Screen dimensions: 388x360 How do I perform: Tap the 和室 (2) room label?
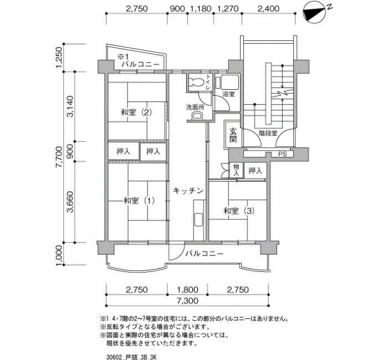(x=136, y=112)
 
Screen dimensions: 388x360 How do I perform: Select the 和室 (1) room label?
(x=139, y=200)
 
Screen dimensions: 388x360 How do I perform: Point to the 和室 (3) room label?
(x=239, y=211)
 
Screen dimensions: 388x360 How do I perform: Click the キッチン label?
(x=188, y=191)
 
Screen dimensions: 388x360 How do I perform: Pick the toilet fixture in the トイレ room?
(x=196, y=82)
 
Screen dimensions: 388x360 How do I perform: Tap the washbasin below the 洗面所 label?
(x=197, y=116)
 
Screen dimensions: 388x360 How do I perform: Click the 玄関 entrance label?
(x=233, y=135)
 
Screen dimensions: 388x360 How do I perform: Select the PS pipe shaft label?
(x=282, y=154)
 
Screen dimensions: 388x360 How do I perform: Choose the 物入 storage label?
(x=236, y=170)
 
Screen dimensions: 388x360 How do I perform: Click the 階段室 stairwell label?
(x=268, y=133)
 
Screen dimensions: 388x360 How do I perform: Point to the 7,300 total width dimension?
(x=187, y=301)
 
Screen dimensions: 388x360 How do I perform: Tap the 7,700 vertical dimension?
(x=59, y=157)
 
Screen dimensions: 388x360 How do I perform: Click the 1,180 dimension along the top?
(x=201, y=9)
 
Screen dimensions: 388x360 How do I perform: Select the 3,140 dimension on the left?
(x=70, y=106)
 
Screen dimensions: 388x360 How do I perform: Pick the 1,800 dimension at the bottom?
(x=187, y=290)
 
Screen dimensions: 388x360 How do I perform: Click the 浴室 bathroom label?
(x=228, y=94)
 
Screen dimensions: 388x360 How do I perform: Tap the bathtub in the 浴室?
(x=230, y=83)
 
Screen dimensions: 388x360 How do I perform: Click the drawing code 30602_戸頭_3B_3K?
(x=131, y=357)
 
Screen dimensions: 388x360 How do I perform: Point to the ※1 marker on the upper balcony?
(x=122, y=56)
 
